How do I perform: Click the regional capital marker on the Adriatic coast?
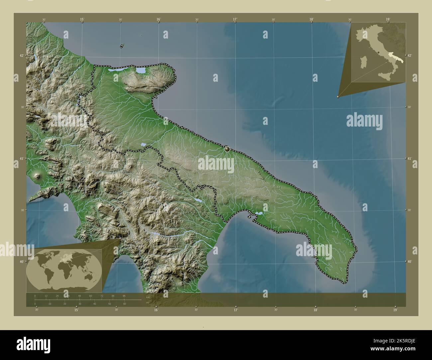(227, 149)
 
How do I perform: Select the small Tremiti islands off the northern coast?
(122, 45)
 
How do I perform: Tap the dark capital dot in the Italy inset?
(378, 52)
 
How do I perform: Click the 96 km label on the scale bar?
(124, 296)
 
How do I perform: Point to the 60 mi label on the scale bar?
(124, 304)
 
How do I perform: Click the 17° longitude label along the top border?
(235, 19)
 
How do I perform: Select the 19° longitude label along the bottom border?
(395, 310)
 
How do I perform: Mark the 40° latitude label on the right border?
(410, 262)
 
